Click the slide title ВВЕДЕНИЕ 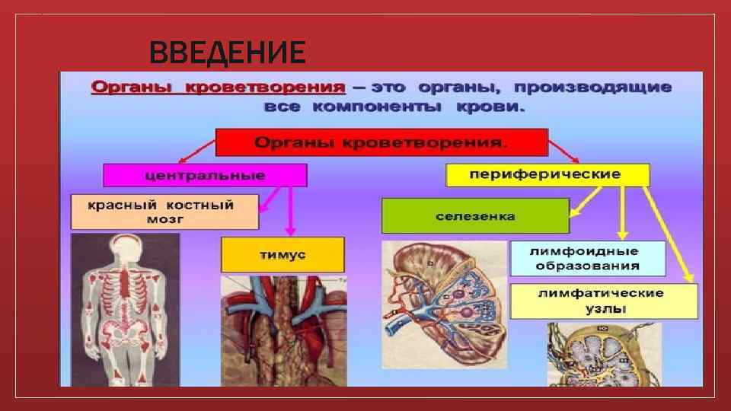[x=227, y=53]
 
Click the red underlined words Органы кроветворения [x=216, y=87]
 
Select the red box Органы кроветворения [x=381, y=142]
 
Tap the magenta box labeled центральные [x=205, y=175]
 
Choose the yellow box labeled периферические [x=547, y=175]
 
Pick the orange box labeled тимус [x=283, y=255]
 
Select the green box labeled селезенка [x=475, y=216]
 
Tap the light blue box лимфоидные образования [x=587, y=259]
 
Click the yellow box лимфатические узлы [x=603, y=301]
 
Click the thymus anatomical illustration [x=283, y=330]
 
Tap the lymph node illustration [x=603, y=354]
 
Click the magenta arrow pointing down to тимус [x=289, y=213]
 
